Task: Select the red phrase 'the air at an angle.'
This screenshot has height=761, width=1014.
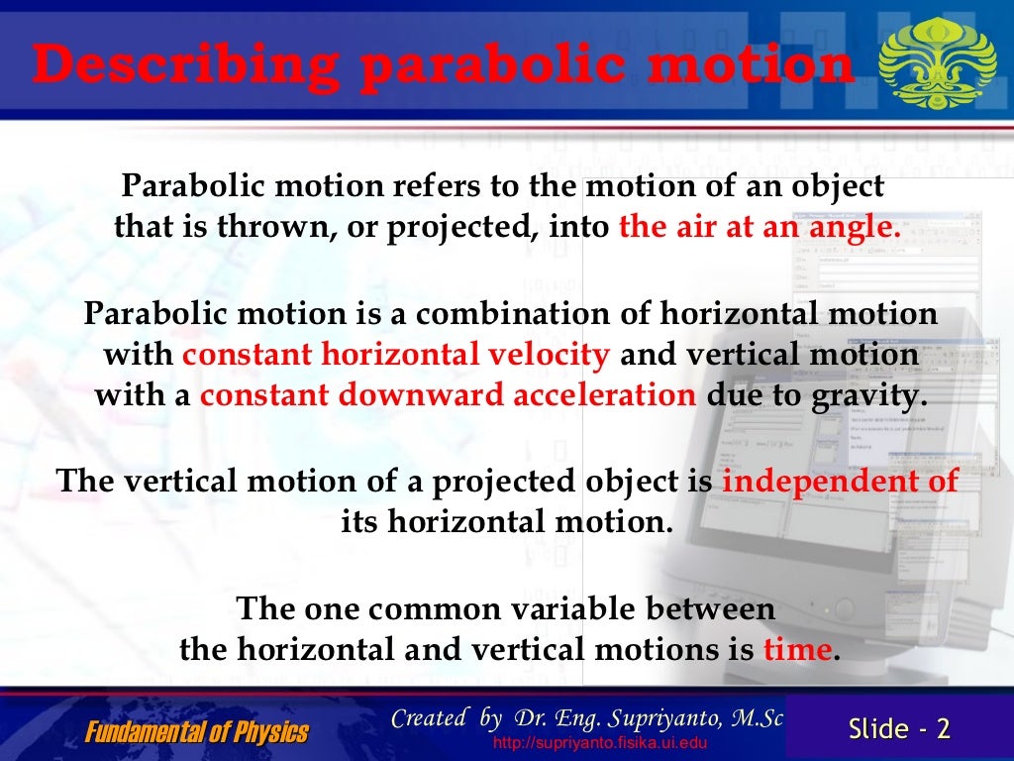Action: (760, 227)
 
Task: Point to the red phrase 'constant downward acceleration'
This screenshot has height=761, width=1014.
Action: (449, 395)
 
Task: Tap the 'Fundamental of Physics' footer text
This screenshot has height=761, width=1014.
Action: (196, 733)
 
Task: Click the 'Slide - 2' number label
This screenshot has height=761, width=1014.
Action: (899, 728)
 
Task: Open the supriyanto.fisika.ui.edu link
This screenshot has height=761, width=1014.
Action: (599, 743)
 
